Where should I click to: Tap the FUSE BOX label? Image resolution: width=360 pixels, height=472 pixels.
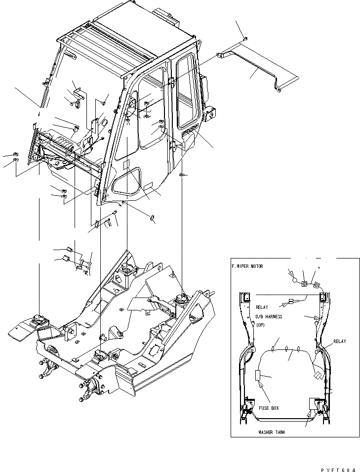point(269,408)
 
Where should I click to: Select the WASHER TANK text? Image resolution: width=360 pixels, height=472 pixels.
point(271,432)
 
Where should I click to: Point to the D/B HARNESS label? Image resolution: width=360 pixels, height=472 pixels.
point(269,316)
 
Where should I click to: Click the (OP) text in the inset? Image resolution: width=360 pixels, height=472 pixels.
point(261,325)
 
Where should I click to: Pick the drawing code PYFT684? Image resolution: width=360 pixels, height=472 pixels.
point(338,465)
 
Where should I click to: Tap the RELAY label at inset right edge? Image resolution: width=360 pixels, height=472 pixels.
point(339,341)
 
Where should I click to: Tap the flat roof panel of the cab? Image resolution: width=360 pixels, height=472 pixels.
point(128,35)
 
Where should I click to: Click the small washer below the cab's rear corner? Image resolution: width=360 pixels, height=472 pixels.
point(183,175)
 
